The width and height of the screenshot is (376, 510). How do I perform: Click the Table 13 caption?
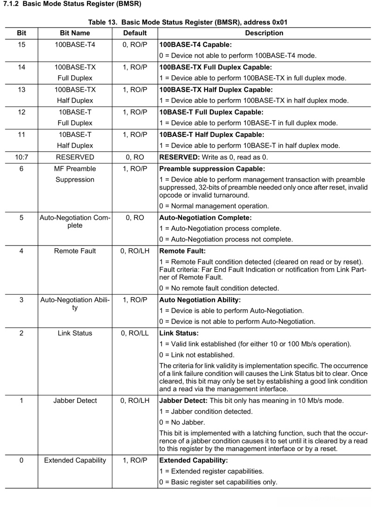(188, 22)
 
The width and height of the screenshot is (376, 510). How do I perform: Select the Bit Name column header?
(75, 33)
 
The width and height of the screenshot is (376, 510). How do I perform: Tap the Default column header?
(135, 33)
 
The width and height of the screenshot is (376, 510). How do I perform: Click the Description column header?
(264, 33)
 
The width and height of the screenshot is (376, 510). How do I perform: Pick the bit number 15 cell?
(21, 45)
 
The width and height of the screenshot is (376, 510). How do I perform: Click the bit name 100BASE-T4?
(75, 45)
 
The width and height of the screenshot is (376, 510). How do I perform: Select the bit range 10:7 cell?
(21, 157)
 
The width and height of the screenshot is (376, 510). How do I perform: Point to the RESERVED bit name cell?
(75, 157)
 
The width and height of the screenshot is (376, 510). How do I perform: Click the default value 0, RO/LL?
(135, 333)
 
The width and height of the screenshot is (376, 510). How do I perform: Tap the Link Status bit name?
(75, 333)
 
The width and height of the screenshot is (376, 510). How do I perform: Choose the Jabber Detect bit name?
(75, 400)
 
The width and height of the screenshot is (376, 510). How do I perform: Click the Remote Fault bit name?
(75, 251)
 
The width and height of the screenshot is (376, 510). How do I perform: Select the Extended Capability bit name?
(75, 461)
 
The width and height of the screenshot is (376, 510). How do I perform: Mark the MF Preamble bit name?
(75, 169)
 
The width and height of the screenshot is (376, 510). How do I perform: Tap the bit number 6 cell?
(21, 169)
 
